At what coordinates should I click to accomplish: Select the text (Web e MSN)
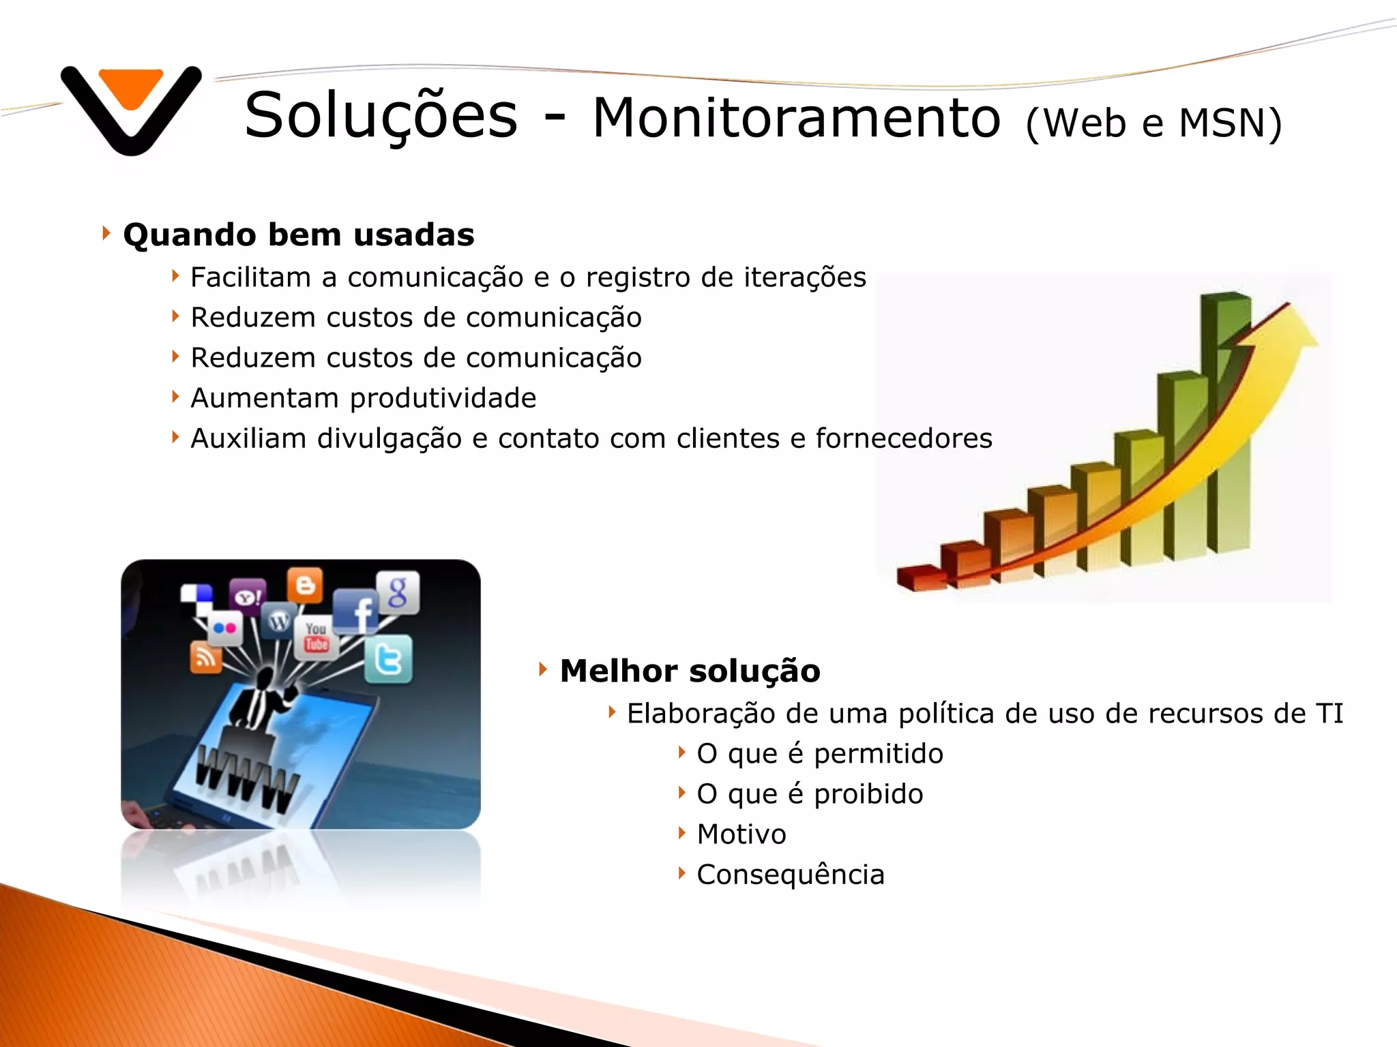click(1153, 123)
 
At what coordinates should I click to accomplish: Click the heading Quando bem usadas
click(298, 235)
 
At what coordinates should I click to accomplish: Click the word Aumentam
click(264, 399)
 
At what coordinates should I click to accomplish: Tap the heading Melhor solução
click(690, 671)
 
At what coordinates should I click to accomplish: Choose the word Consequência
click(790, 875)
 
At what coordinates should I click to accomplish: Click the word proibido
click(868, 795)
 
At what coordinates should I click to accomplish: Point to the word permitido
click(879, 755)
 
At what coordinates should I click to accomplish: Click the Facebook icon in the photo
click(357, 611)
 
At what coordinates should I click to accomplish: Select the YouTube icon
click(316, 637)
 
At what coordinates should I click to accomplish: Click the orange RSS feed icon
click(205, 657)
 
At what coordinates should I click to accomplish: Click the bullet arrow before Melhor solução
click(543, 669)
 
